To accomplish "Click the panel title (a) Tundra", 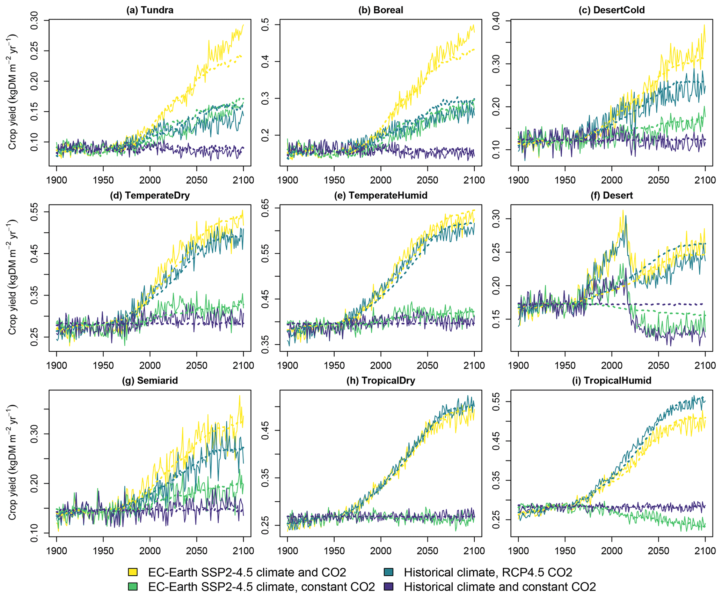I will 149,10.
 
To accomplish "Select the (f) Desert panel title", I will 611,195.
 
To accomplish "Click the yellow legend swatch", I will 133,572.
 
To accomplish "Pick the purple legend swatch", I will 388,587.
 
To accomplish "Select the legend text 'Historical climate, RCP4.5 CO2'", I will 488,572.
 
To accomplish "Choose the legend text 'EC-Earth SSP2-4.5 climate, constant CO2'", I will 261,587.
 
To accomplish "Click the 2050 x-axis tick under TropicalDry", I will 428,551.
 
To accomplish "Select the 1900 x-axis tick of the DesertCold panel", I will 518,180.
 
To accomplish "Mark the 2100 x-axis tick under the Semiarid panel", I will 243,551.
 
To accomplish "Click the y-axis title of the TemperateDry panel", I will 13,277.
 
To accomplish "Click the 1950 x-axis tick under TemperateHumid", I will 334,365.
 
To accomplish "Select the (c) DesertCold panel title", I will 611,10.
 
